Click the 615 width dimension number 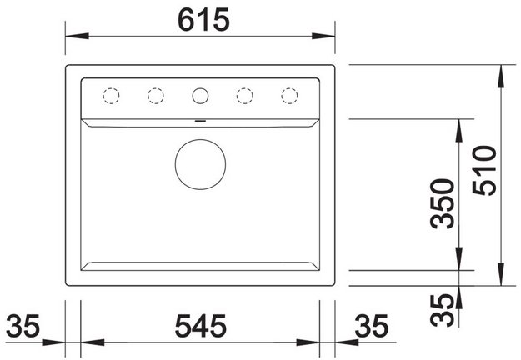(x=203, y=20)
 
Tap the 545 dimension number (x=201, y=326)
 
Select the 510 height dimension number (x=484, y=170)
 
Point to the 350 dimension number (x=442, y=204)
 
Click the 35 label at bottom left (x=23, y=326)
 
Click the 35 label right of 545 (x=372, y=326)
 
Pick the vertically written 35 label (x=442, y=310)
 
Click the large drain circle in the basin (x=200, y=140)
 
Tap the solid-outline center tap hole (x=200, y=88)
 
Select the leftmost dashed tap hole (x=112, y=88)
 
